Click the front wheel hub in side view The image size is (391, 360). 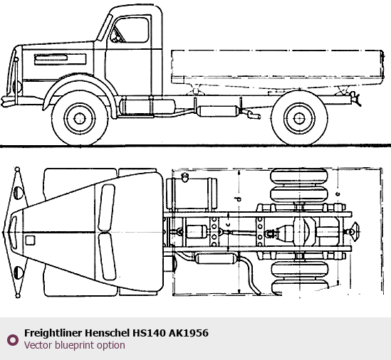80,118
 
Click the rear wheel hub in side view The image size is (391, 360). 300,118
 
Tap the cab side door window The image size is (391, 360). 132,30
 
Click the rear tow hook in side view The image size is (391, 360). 355,98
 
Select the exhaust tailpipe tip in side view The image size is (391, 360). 254,115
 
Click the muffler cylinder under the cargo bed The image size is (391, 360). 218,111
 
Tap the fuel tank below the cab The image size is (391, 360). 147,107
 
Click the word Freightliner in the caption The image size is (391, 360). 53,333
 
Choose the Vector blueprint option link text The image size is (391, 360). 75,345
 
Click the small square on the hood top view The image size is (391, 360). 30,240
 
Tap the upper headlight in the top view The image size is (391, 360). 18,193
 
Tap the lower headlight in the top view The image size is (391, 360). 18,272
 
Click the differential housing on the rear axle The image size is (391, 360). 302,231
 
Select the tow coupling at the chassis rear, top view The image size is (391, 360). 352,232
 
